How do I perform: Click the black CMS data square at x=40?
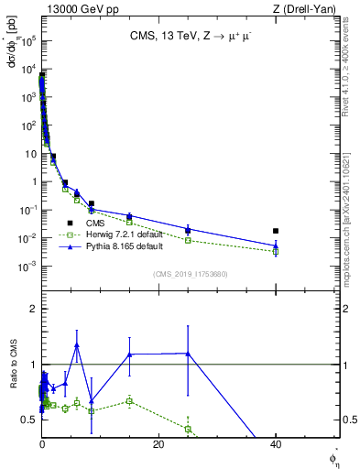click(276, 231)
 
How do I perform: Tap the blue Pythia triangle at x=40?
click(276, 245)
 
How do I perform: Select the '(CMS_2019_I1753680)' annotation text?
click(190, 275)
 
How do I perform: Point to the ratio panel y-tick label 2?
click(31, 309)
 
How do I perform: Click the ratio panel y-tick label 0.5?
click(28, 420)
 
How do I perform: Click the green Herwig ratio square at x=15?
click(129, 400)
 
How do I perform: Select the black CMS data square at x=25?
click(188, 231)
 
